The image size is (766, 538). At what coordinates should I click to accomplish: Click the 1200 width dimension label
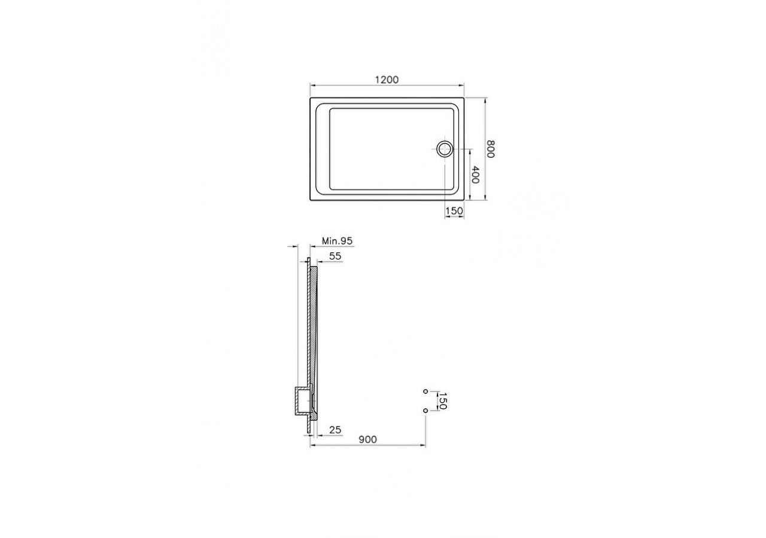(x=387, y=80)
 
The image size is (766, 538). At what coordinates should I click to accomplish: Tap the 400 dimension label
(x=475, y=174)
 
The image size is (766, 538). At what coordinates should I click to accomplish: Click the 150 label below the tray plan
(x=455, y=210)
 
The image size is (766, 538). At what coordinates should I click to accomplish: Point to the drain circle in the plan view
(x=444, y=148)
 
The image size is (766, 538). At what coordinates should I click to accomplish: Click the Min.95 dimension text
(x=338, y=241)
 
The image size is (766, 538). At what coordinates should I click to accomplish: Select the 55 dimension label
(x=335, y=256)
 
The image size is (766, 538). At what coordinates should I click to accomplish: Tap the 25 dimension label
(x=335, y=430)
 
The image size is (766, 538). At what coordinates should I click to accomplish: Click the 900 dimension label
(x=367, y=439)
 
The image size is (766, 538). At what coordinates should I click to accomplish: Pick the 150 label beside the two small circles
(x=442, y=401)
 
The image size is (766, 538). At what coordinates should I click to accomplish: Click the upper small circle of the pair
(x=425, y=391)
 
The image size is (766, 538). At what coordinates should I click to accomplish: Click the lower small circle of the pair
(x=425, y=410)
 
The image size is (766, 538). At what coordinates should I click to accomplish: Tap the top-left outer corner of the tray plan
(x=311, y=98)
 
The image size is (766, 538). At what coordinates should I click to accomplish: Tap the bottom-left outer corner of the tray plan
(x=311, y=200)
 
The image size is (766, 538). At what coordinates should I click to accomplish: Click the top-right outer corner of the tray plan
(x=465, y=98)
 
